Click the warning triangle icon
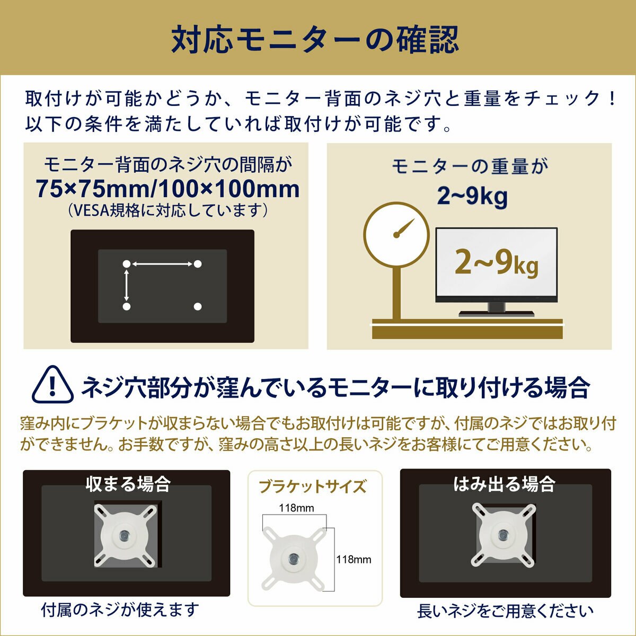pos(52,385)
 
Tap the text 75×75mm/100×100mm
pos(167,189)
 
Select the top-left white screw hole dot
pos(126,264)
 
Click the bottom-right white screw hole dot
pos(198,306)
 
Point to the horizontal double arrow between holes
pos(162,264)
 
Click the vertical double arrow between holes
pos(126,285)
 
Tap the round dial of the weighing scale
pos(396,234)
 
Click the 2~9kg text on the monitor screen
pos(496,263)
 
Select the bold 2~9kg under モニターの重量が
pos(472,196)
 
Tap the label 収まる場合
pos(128,483)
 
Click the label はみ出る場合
pos(504,483)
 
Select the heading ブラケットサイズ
pos(313,486)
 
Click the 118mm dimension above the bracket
pos(297,508)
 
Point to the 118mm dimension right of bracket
pos(354,559)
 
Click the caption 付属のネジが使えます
pos(120,609)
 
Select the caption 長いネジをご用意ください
pos(505,611)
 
